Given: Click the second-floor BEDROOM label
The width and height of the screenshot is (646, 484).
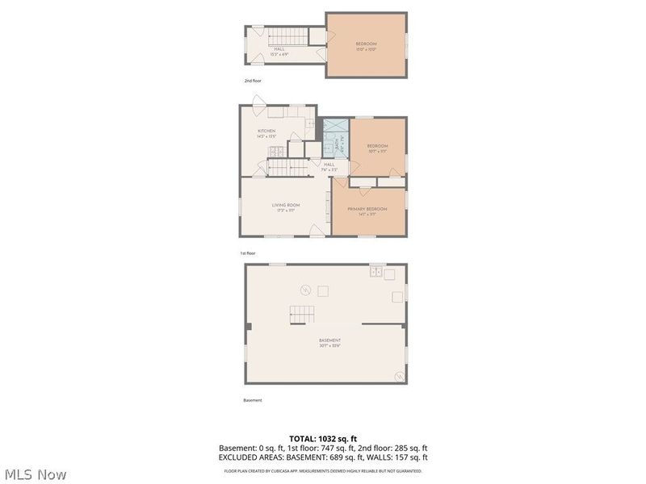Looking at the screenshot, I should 366,45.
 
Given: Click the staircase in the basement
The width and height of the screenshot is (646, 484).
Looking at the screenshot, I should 301,315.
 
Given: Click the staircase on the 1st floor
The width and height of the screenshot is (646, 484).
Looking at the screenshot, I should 288,167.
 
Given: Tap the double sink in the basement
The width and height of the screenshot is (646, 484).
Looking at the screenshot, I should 376,273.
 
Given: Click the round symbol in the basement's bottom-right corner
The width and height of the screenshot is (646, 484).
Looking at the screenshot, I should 396,376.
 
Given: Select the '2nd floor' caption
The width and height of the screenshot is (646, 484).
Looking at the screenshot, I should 253,81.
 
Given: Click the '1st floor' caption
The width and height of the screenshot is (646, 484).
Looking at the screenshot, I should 247,253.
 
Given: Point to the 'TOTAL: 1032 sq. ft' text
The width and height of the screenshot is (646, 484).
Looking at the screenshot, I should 323,439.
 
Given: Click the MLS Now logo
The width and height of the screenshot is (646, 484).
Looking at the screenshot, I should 35,474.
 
